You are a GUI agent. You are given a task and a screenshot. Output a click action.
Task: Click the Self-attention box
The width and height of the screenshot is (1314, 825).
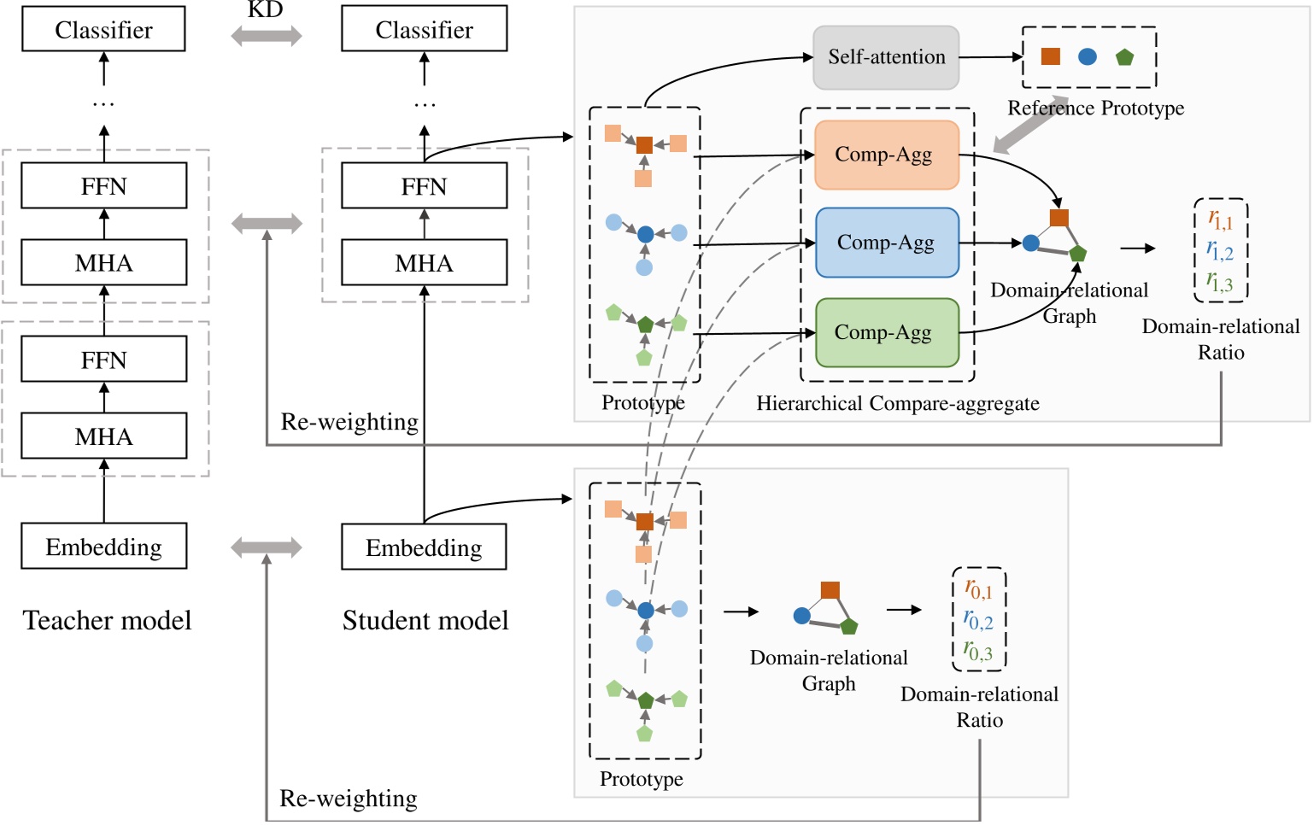pos(886,57)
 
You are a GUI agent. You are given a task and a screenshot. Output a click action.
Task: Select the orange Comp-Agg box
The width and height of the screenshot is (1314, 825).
pos(886,155)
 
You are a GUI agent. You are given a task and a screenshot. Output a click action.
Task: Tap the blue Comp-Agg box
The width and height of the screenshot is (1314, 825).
pos(886,243)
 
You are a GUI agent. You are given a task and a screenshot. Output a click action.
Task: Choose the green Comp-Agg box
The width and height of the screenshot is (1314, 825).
pos(886,332)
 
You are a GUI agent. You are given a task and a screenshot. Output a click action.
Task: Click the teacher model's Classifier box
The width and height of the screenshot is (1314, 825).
pos(103,30)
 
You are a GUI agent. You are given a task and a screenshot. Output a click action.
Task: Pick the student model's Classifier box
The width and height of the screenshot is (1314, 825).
pos(424,30)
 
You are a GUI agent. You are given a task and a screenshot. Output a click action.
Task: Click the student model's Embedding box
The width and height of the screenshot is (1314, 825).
pos(424,547)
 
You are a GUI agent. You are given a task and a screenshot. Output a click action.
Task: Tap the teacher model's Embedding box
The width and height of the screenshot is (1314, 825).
pos(103,547)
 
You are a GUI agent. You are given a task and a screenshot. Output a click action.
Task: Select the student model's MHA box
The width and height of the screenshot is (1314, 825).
pos(424,263)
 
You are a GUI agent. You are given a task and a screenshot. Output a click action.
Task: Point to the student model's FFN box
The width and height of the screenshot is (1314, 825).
pos(424,186)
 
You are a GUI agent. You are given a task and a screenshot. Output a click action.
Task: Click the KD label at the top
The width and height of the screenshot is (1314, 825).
pos(265,9)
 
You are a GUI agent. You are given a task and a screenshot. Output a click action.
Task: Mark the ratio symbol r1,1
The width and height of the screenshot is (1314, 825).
pos(1220,220)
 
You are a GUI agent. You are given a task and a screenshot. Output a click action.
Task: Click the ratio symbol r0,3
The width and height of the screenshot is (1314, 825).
pos(978,652)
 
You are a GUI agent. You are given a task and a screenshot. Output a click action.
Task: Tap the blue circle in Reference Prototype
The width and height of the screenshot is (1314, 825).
pos(1087,56)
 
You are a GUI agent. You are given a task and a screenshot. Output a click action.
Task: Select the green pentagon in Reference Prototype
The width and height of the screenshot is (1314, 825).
pos(1124,57)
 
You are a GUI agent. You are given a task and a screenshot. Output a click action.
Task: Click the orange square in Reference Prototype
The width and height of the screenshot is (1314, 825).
pos(1050,56)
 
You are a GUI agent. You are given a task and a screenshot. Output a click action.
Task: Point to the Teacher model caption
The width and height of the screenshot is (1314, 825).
pos(107,620)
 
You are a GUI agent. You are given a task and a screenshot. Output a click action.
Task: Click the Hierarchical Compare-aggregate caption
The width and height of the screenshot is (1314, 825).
pos(897,403)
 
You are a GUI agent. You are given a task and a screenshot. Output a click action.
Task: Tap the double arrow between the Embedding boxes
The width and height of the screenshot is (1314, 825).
pos(267,547)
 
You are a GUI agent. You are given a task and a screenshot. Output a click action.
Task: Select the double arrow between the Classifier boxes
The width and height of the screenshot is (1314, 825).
pos(267,36)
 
